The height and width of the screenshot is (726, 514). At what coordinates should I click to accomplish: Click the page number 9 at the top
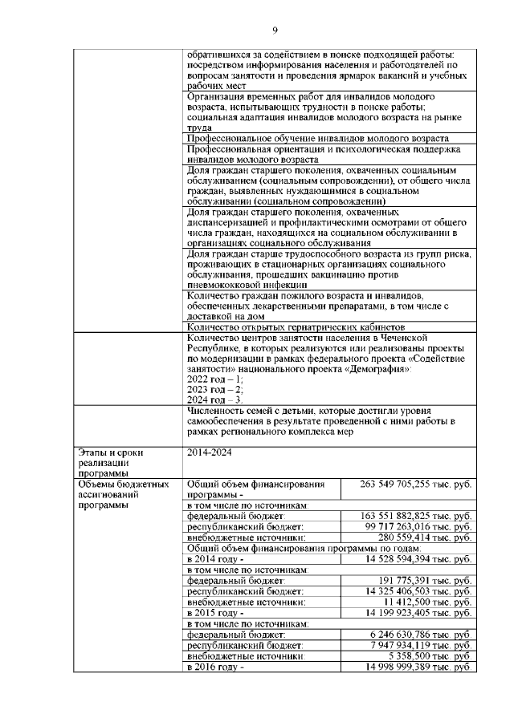[x=275, y=30]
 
